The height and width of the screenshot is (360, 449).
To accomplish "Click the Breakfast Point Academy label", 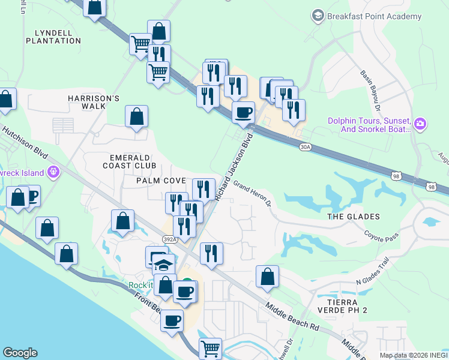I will tap(374, 17).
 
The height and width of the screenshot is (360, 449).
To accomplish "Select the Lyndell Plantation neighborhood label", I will tap(53, 37).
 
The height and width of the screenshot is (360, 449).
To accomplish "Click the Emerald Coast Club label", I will tap(129, 161).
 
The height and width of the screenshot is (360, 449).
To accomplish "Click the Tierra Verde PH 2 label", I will tap(347, 305).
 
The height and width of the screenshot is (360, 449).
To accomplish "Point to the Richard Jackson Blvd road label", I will tap(235, 168).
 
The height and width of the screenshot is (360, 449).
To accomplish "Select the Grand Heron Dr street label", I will tap(253, 193).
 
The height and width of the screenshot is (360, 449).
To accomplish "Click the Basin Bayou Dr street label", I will tap(370, 91).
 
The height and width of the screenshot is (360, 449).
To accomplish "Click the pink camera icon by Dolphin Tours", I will tap(420, 124).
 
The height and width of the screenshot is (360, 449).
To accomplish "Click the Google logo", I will tap(20, 353).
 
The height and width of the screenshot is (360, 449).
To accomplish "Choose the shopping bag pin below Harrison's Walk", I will tap(137, 116).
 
